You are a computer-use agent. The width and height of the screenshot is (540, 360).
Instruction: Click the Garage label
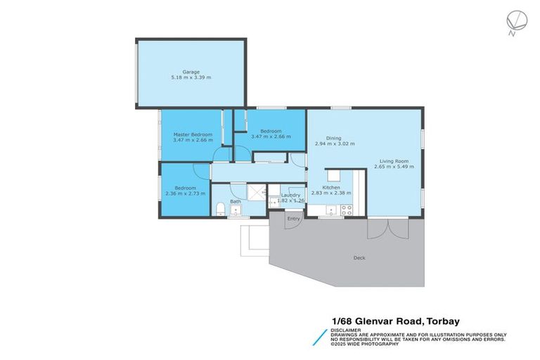point(191,72)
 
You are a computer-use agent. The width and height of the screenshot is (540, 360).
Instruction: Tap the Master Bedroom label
point(192,134)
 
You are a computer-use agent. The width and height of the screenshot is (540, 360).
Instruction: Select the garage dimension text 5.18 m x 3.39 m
point(191,77)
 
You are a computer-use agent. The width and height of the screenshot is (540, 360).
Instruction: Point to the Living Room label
point(393,161)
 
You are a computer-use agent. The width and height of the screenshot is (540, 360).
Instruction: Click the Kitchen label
point(331,188)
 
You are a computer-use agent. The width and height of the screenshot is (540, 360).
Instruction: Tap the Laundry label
point(290,195)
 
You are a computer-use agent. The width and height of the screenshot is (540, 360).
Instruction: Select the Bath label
point(236,202)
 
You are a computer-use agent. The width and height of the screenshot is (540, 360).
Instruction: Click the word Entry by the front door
point(294,219)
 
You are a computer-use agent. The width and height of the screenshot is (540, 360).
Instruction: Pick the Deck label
point(359,258)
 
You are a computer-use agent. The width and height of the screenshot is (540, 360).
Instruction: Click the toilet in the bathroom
point(219,207)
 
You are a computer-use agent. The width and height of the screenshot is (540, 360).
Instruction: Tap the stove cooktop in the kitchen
point(346,208)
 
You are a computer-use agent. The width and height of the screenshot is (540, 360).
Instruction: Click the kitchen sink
point(330,208)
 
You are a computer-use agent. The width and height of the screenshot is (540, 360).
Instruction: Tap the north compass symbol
point(512,21)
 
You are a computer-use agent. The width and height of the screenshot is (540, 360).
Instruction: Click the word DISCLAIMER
point(347,329)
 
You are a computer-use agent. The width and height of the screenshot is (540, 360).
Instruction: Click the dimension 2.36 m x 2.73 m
point(185,193)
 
